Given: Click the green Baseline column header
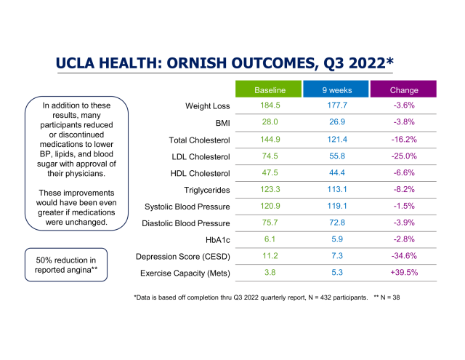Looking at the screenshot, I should coord(269,90).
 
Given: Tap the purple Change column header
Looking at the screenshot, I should coord(404,90).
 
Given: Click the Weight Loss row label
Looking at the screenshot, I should coord(208,106).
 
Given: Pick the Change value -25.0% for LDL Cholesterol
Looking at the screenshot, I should coord(404,156).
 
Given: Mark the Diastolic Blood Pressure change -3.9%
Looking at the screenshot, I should coord(404,223).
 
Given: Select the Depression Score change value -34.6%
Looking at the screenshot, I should coord(404,257).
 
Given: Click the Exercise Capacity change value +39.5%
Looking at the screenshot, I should coord(404,273).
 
